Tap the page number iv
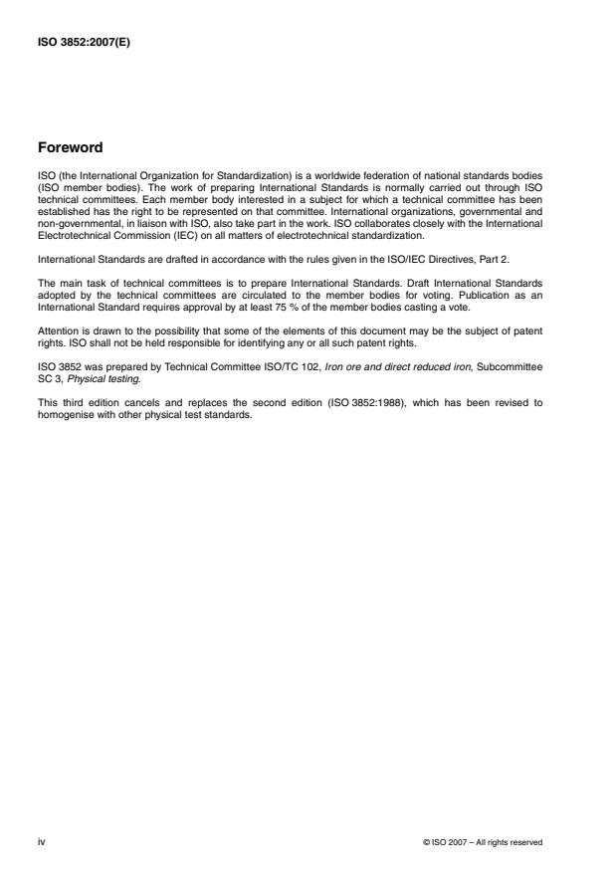[41, 842]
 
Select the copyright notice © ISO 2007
[484, 843]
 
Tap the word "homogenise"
[63, 414]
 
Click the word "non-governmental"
[72, 226]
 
